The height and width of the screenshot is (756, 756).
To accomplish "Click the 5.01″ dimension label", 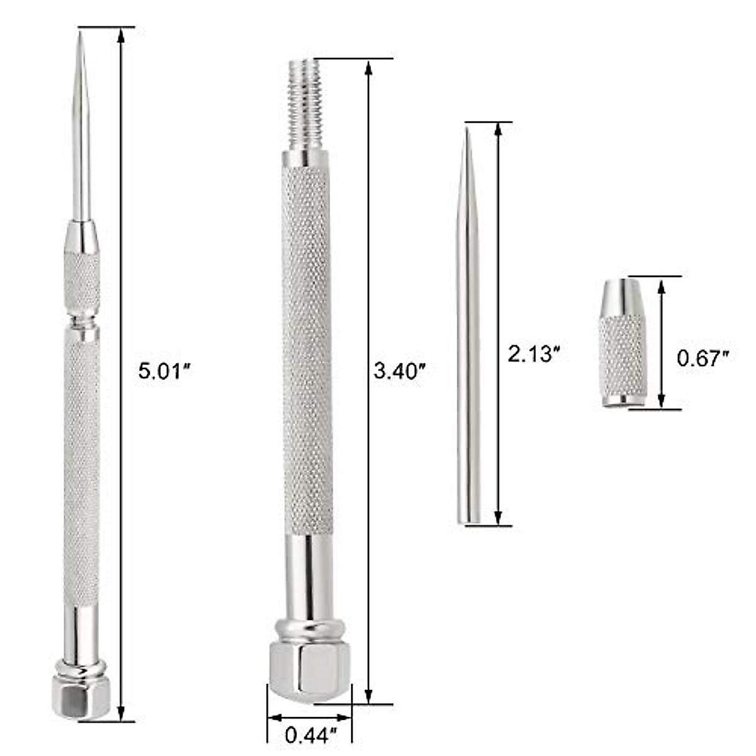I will point(164,370).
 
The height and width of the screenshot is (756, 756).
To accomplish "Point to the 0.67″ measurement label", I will point(702,358).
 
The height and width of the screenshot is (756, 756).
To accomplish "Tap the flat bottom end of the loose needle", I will point(468,520).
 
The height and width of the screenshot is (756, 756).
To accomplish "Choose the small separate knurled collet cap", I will point(622,343).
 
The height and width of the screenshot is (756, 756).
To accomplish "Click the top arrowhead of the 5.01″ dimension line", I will point(120,35).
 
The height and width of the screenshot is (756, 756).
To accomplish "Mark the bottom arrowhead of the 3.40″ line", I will point(368,696).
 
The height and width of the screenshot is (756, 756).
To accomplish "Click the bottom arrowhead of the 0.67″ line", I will point(661,401).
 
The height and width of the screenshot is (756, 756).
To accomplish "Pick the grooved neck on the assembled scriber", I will point(81,321).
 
